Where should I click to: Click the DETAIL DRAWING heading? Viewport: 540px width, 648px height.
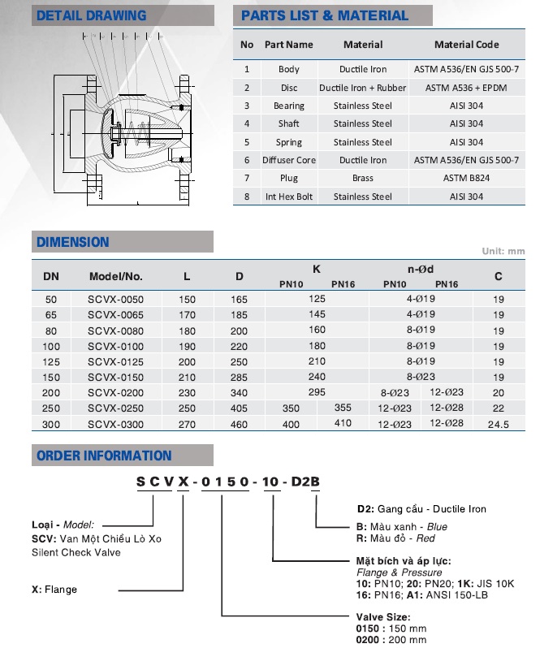(92, 15)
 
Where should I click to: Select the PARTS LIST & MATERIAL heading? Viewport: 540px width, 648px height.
(325, 15)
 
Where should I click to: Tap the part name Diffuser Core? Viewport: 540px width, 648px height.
(288, 160)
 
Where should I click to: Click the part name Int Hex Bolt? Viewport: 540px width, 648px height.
(288, 197)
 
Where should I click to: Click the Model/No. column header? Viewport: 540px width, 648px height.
(115, 276)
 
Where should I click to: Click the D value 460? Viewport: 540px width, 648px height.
(239, 424)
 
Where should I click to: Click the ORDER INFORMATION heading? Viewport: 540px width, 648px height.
(104, 456)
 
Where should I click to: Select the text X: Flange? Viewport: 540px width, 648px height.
(54, 589)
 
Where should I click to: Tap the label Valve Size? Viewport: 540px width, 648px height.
(382, 617)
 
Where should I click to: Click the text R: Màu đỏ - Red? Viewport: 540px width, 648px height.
(402, 538)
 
